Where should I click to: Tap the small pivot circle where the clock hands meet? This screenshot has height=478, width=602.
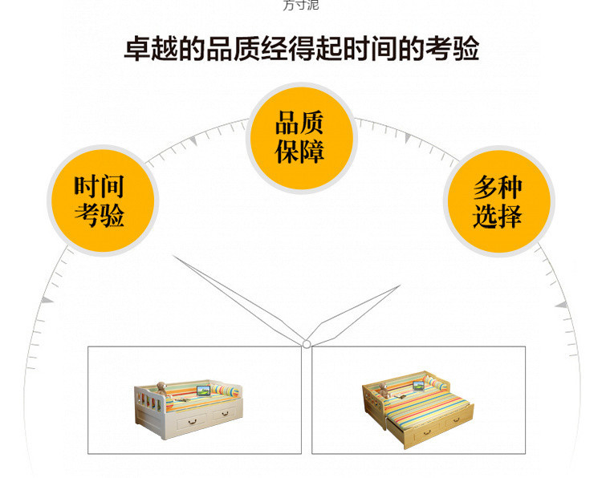(306, 344)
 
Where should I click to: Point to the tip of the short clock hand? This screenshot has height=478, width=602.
(399, 286)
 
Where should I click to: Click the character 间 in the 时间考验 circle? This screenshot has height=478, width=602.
(113, 187)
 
